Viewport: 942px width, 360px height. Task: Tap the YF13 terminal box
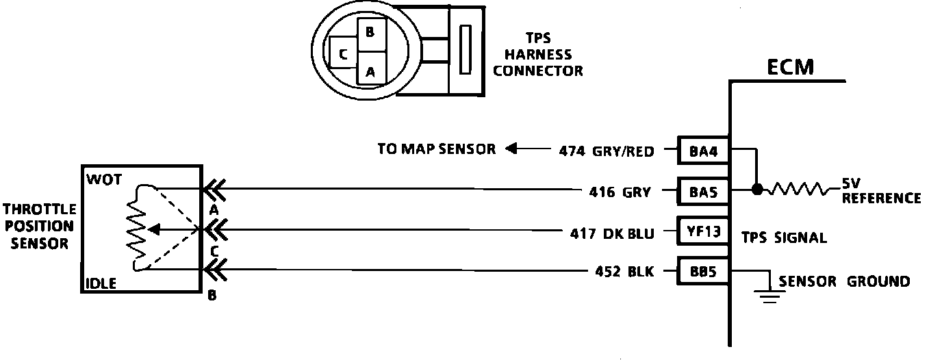coord(703,231)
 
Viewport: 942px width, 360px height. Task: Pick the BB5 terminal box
coord(703,271)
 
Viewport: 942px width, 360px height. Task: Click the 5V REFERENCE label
coord(880,192)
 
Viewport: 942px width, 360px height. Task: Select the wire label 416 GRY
coord(619,192)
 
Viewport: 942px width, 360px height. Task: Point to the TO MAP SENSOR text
coord(436,149)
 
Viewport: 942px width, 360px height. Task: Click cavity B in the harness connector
coord(370,31)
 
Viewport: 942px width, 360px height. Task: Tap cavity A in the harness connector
coord(370,70)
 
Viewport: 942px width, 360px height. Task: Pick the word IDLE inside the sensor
coord(102,283)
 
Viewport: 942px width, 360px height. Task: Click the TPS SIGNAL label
coord(784,238)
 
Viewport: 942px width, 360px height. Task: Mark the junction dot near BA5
coord(756,190)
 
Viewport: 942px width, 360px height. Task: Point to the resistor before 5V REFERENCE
coord(798,190)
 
